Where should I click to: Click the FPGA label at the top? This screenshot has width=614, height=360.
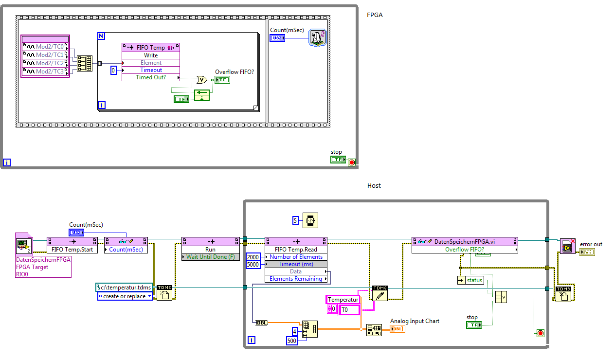point(375,15)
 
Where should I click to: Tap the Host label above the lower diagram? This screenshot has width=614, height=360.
point(374,186)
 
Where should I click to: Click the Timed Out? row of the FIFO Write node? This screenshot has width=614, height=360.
point(151,77)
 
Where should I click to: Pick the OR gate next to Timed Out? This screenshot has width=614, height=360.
point(201,80)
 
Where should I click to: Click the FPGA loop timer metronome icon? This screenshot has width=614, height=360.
point(317,38)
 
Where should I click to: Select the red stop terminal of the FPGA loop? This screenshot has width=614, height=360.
point(352,162)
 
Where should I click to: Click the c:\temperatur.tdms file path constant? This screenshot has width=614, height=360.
point(124,288)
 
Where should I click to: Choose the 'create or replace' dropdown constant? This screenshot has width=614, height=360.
point(126,296)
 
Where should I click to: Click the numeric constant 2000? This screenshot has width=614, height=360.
point(253,257)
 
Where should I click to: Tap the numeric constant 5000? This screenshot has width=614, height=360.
point(253,264)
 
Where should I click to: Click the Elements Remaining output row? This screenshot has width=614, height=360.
point(296,279)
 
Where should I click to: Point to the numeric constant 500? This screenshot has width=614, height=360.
point(292,341)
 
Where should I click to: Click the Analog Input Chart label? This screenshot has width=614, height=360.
point(415,321)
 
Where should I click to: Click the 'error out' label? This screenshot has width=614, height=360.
point(591,244)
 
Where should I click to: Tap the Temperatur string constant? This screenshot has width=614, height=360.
point(343,300)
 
